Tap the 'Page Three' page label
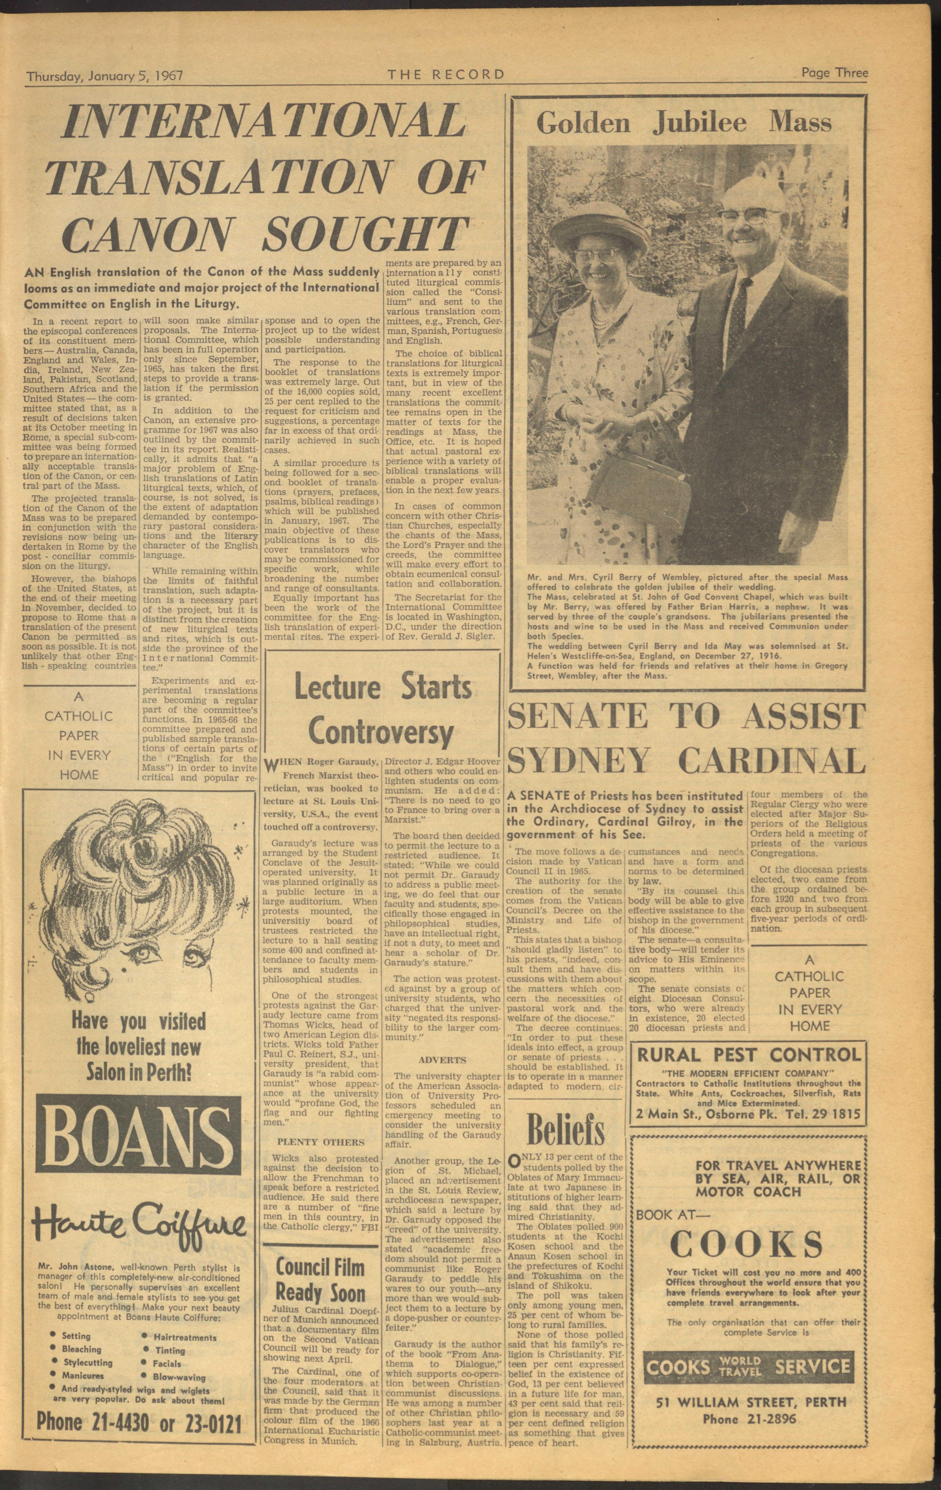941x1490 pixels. click(834, 73)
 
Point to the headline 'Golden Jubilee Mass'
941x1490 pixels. click(683, 123)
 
